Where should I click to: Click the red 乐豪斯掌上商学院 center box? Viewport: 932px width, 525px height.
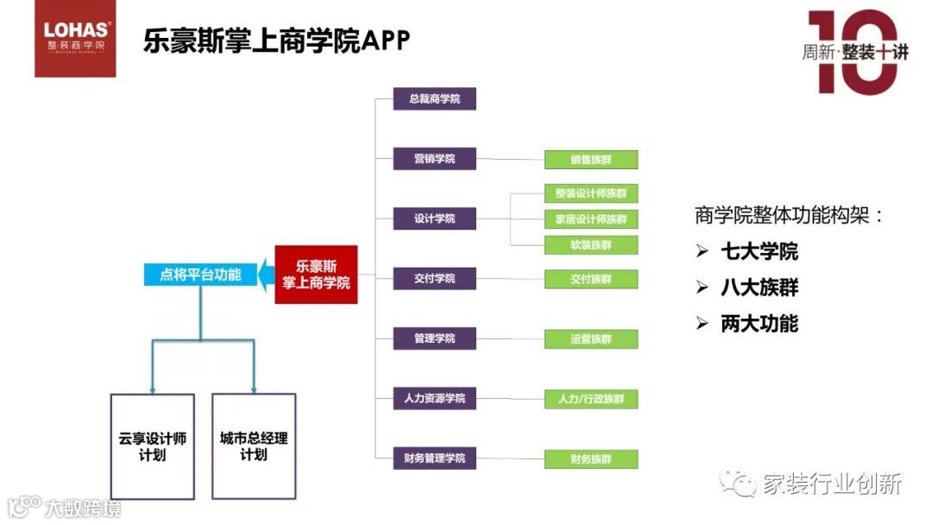316,275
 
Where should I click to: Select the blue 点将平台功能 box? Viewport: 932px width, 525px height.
200,275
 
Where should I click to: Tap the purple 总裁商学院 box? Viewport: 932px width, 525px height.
434,99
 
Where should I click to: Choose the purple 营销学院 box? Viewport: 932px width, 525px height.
434,159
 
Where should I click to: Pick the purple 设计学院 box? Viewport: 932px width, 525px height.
434,218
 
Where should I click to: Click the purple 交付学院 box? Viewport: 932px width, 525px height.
434,279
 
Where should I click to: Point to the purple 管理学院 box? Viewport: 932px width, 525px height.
434,338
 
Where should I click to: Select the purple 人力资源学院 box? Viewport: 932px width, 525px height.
434,398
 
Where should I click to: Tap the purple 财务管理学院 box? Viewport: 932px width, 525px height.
434,458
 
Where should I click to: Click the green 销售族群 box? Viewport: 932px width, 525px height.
591,160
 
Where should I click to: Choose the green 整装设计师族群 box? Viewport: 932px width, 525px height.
591,193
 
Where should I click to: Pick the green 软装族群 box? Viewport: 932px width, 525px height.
591,244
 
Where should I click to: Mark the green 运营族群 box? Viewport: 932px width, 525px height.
591,339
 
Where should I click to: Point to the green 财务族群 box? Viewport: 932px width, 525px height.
591,459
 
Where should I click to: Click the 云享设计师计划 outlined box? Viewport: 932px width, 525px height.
153,446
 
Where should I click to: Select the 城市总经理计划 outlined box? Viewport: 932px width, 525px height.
254,446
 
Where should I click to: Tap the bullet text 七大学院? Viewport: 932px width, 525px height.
759,251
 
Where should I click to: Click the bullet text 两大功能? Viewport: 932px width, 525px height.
759,324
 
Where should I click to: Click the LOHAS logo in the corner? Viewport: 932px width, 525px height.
75,39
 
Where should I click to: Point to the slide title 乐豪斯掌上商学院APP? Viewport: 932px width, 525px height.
276,41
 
